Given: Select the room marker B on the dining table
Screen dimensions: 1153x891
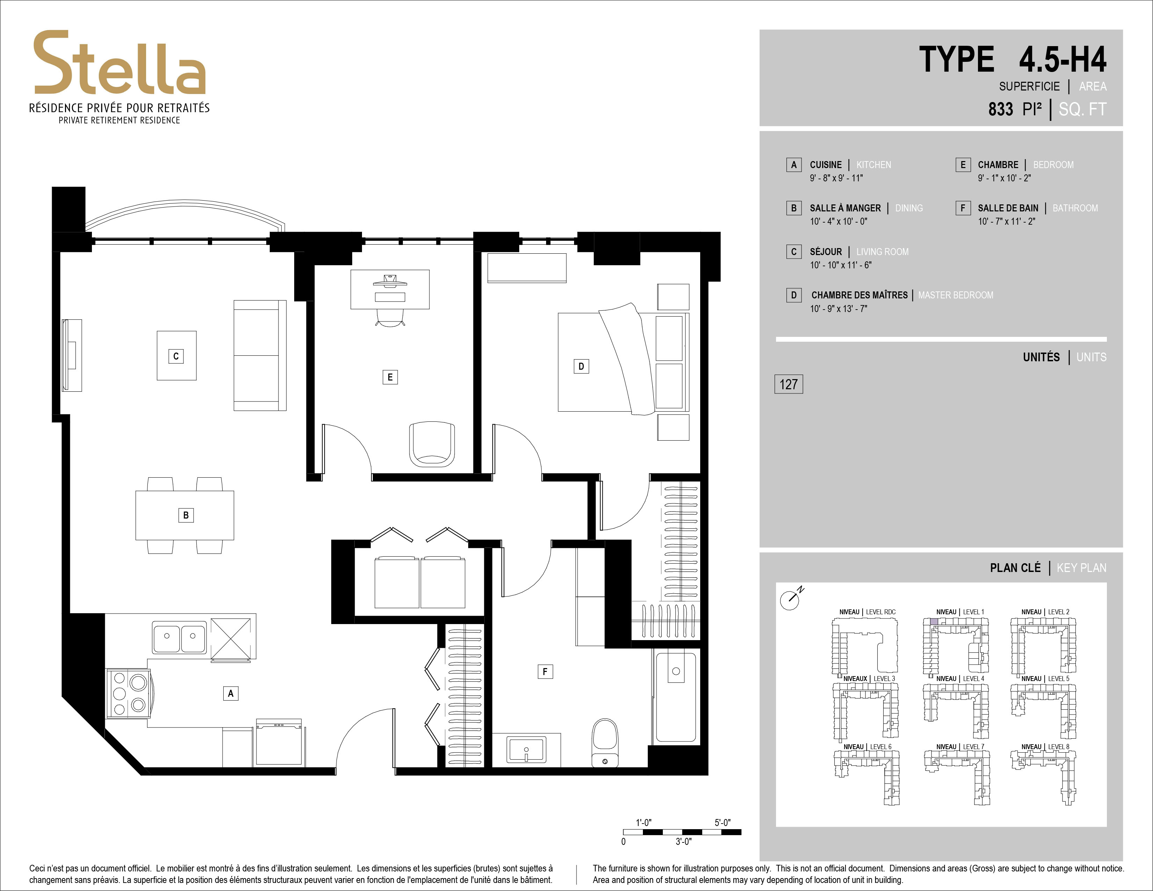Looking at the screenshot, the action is point(186,515).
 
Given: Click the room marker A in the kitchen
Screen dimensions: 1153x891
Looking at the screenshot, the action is point(231,693).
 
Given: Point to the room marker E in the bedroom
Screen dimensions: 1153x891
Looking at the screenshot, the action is point(390,377).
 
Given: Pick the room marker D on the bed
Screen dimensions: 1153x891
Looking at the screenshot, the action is point(581,366).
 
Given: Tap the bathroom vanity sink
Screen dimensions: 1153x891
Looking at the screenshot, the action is point(526,749).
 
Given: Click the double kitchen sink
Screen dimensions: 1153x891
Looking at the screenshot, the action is point(180,637).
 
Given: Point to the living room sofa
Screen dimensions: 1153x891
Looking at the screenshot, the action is point(260,355).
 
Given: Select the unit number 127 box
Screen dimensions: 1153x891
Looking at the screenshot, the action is point(788,384).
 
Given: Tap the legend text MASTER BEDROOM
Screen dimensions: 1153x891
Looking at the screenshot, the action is point(956,295).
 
